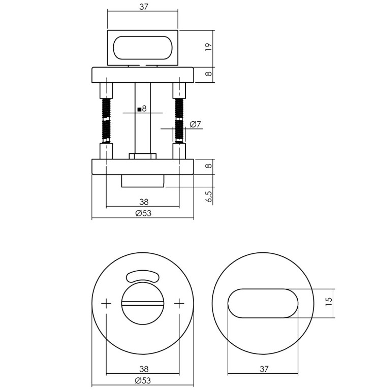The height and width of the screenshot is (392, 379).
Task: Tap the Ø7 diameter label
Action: tap(196, 124)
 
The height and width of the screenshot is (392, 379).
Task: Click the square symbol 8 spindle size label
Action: tap(142, 108)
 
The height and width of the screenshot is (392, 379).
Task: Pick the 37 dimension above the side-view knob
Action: tap(143, 7)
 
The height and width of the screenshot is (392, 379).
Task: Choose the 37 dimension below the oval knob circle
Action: tap(263, 369)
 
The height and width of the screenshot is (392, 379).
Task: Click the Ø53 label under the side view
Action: tap(143, 213)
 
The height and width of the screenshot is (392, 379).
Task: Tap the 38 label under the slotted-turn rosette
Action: tap(143, 369)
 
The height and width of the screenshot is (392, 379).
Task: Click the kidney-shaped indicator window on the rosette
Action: tap(142, 276)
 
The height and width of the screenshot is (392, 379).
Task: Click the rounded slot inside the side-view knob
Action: tap(143, 48)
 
